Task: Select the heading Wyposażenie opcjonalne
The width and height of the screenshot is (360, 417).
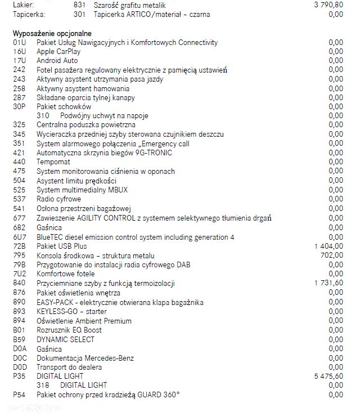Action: point(52,33)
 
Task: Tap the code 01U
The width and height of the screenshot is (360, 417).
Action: point(19,42)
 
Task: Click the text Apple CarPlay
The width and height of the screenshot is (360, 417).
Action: point(58,51)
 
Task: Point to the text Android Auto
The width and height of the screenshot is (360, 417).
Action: point(57,60)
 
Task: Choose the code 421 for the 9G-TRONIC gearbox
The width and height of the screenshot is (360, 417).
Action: point(19,153)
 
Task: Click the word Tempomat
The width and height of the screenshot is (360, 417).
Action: point(53,162)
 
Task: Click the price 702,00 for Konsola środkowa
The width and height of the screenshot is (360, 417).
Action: point(332,255)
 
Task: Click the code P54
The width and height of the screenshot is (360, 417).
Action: point(19,394)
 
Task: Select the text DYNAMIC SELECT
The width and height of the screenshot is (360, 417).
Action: point(65,339)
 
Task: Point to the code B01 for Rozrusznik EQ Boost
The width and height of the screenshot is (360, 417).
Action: point(19,330)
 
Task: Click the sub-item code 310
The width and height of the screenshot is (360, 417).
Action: point(43,115)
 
